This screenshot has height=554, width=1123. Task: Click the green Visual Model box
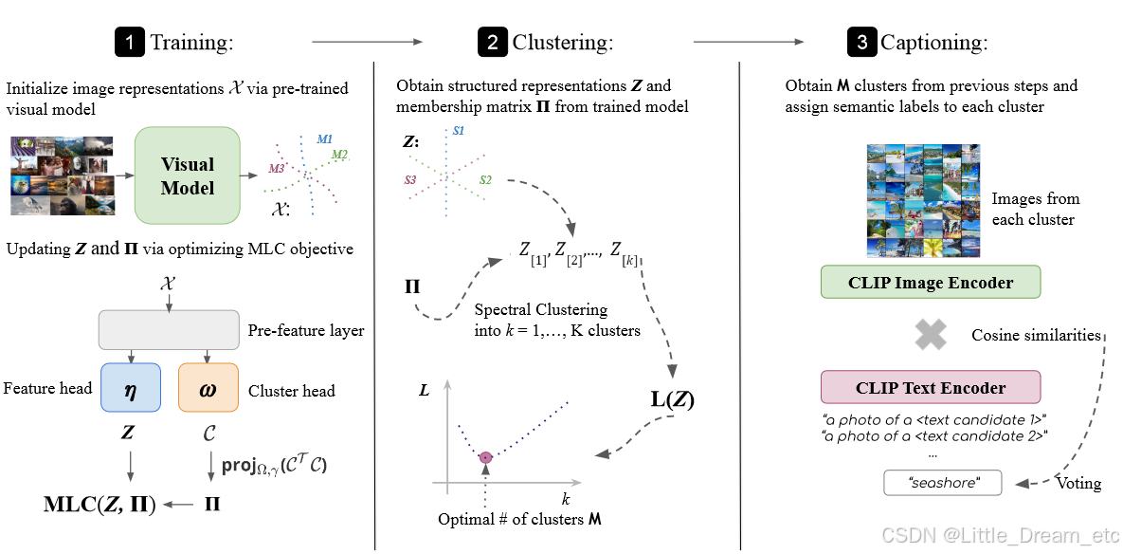pyautogui.click(x=188, y=175)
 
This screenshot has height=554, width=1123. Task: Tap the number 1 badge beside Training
pyautogui.click(x=128, y=42)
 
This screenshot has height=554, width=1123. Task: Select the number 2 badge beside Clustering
pyautogui.click(x=492, y=42)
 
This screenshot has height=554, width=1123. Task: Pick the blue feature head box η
pyautogui.click(x=130, y=388)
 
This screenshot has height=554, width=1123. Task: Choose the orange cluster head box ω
pyautogui.click(x=208, y=388)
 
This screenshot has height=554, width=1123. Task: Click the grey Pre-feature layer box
pyautogui.click(x=168, y=330)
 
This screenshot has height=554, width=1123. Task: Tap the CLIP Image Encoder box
pyautogui.click(x=931, y=283)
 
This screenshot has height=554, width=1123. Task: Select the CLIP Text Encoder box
pyautogui.click(x=931, y=387)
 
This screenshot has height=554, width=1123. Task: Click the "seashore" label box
pyautogui.click(x=943, y=483)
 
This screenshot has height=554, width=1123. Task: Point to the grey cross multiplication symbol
pyautogui.click(x=931, y=334)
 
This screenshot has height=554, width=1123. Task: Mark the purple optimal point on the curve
pyautogui.click(x=486, y=457)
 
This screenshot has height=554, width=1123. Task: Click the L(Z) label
pyautogui.click(x=672, y=399)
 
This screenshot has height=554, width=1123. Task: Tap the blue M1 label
pyautogui.click(x=325, y=138)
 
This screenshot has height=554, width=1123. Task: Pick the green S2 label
pyautogui.click(x=485, y=179)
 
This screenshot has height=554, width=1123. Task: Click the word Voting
pyautogui.click(x=1078, y=484)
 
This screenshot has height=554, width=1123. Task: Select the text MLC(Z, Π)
pyautogui.click(x=100, y=504)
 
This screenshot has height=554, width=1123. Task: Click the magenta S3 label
pyautogui.click(x=409, y=179)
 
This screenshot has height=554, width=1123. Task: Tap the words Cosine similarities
pyautogui.click(x=1036, y=335)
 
